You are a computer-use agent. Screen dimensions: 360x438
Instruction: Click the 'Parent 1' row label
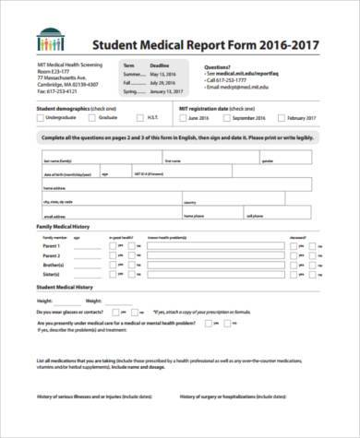(51, 246)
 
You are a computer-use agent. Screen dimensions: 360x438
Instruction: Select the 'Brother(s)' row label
(52, 265)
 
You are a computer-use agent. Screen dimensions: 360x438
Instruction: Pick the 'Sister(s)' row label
(51, 274)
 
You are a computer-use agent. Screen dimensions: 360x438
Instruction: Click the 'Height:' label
(45, 301)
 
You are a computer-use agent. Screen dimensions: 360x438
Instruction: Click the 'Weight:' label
(93, 301)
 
